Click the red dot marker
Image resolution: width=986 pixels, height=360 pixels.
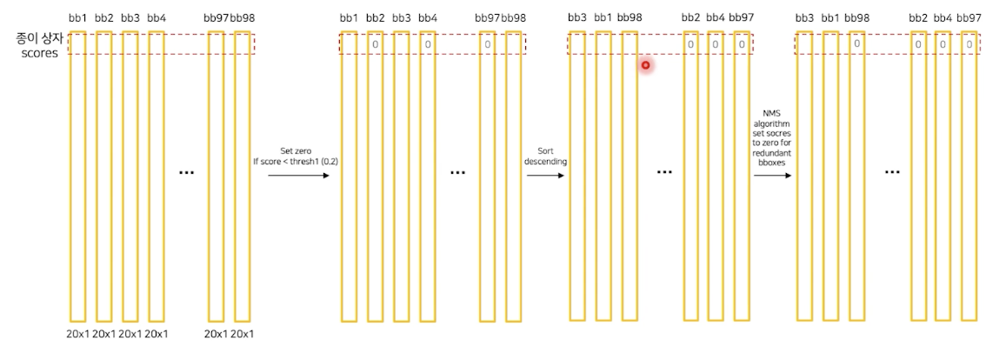pos(645,65)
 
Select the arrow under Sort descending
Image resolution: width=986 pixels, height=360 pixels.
pos(546,175)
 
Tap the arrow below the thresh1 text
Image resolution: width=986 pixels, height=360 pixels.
pos(298,175)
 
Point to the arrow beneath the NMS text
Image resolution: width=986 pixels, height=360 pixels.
pos(772,175)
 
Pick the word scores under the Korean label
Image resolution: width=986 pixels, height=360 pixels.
pos(40,52)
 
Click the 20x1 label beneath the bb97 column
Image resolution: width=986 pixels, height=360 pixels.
pos(217,333)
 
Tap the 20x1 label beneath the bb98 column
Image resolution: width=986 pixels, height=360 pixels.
pos(242,333)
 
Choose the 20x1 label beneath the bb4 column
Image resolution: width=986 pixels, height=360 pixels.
pos(156,333)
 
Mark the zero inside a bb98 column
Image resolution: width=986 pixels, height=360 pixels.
pos(856,43)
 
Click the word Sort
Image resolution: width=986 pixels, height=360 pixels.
pos(545,150)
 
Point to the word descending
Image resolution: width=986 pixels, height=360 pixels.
pos(545,161)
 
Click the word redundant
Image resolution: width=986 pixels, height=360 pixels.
pos(772,151)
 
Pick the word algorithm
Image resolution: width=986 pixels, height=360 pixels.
pos(772,123)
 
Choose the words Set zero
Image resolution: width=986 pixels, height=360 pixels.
pos(296,150)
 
